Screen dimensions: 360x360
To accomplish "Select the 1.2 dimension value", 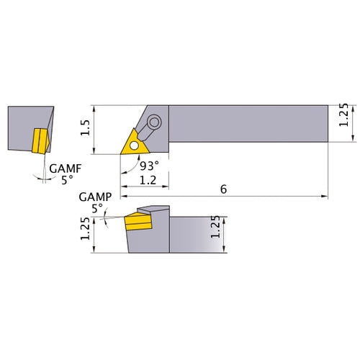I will pyautogui.click(x=148, y=180).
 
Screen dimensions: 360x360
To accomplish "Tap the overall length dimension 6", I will pyautogui.click(x=224, y=189).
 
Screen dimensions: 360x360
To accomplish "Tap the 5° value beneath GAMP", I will pyautogui.click(x=97, y=209).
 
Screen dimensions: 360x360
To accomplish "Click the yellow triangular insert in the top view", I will pyautogui.click(x=135, y=142).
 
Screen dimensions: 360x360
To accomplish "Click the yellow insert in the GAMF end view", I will pyautogui.click(x=39, y=140).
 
